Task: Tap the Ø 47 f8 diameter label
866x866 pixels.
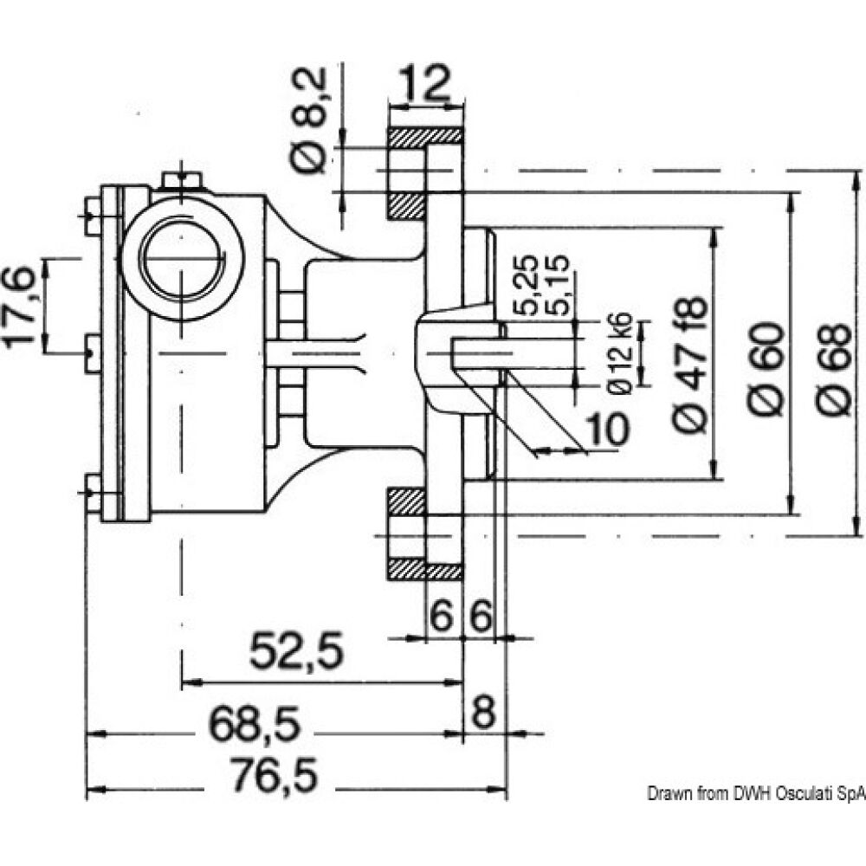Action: [693, 365]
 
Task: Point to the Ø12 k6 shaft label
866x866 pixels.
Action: [621, 352]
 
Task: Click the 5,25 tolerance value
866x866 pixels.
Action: [531, 285]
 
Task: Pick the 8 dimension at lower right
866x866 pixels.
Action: [483, 715]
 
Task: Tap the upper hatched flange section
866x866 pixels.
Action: [423, 137]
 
